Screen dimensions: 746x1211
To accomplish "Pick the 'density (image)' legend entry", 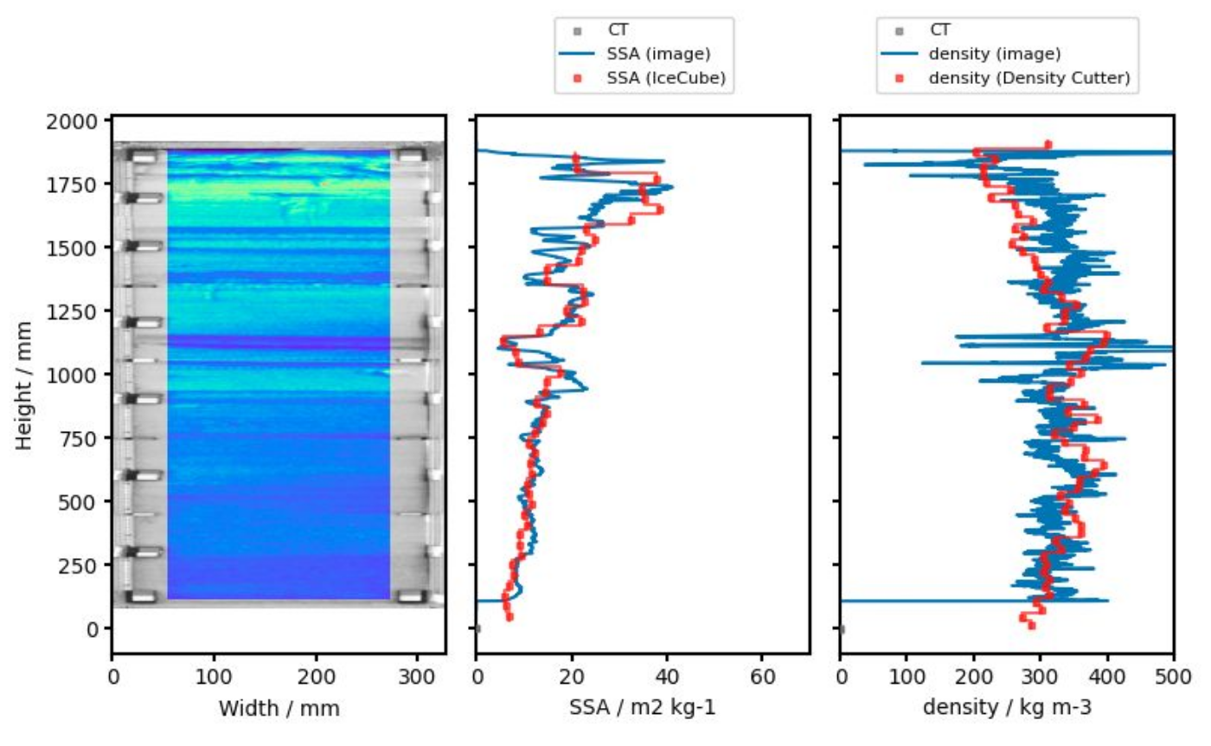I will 994,55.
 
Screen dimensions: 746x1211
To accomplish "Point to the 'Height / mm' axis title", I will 23,384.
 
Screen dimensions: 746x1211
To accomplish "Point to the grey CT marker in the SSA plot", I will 477,628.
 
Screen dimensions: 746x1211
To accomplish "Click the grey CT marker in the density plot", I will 842,628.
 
